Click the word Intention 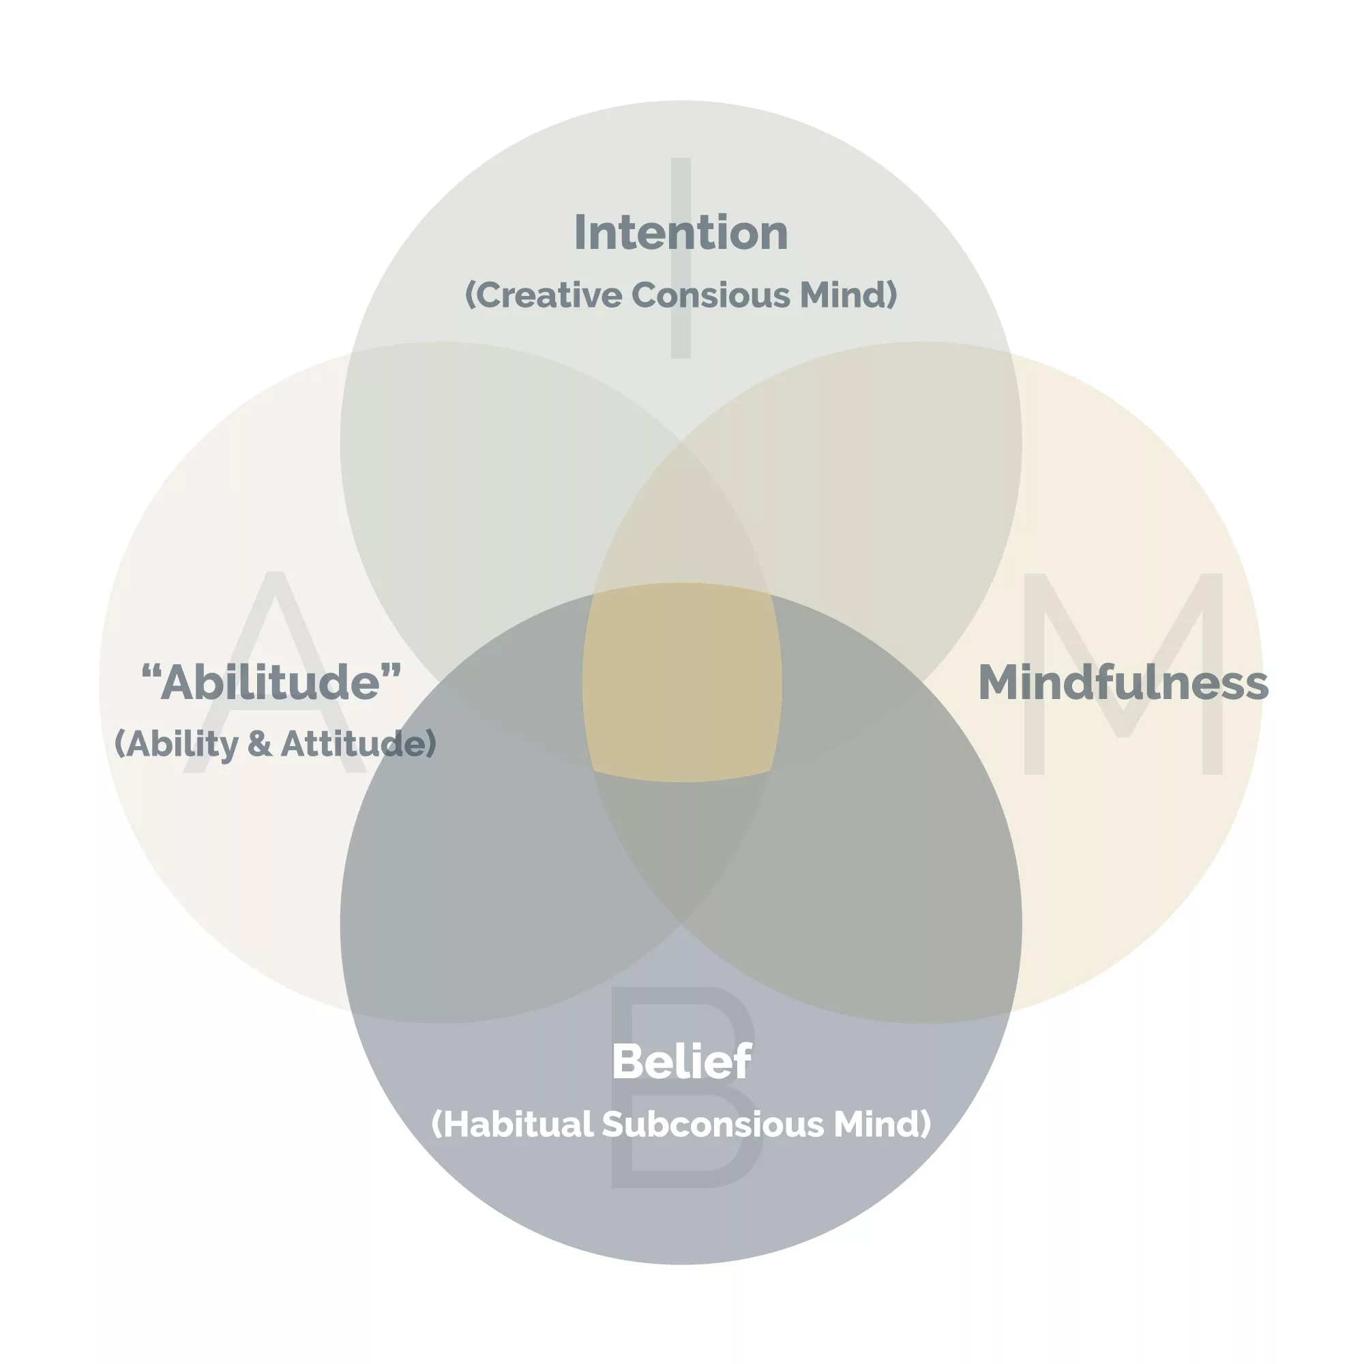click(x=681, y=233)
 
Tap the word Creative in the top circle click(x=544, y=295)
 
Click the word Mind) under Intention click(x=847, y=295)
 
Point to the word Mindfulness click(x=1123, y=683)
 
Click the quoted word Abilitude click(x=271, y=683)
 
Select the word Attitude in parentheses click(x=359, y=744)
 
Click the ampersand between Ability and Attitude click(x=259, y=744)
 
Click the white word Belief click(x=681, y=1061)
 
